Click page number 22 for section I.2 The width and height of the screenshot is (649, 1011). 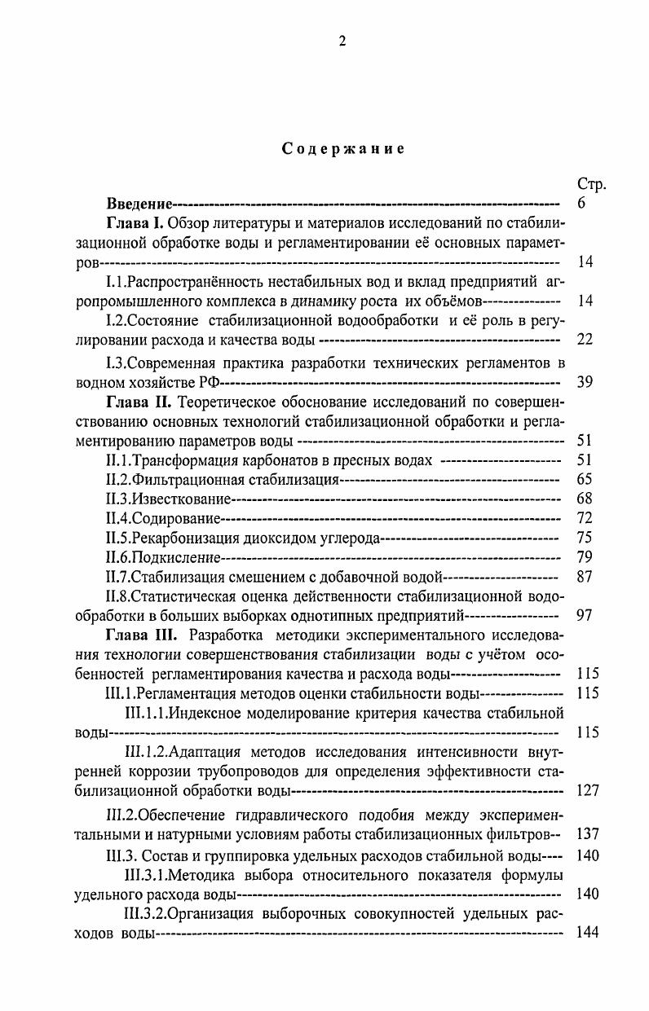pos(585,340)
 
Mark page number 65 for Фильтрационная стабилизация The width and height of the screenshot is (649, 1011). pos(585,479)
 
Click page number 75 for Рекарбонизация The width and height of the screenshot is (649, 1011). pos(585,538)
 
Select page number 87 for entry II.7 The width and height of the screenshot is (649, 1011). pos(585,577)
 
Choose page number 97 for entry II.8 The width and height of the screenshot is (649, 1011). pos(585,615)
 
